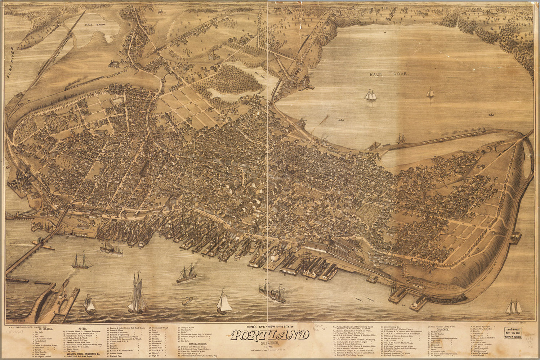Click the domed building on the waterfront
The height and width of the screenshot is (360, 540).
click(328, 238)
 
